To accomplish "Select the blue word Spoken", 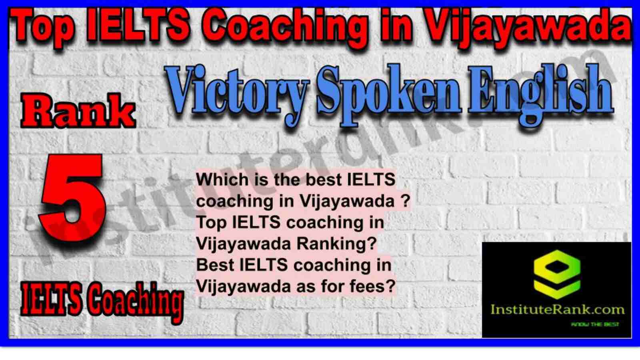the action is pyautogui.click(x=388, y=94).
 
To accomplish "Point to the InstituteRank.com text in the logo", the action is pyautogui.click(x=558, y=310).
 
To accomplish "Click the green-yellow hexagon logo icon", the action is pyautogui.click(x=557, y=274).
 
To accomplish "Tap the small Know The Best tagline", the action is pyautogui.click(x=595, y=324).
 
